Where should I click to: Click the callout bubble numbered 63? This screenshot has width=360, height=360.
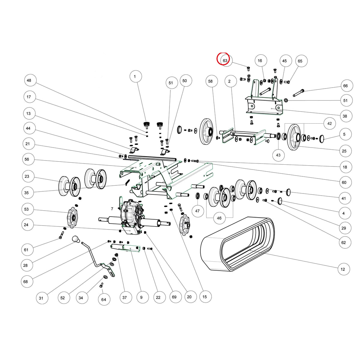point(226,61)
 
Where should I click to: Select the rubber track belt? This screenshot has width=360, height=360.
point(237,244)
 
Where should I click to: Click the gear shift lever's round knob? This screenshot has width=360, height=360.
point(76,239)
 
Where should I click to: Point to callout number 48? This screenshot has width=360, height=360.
point(30,80)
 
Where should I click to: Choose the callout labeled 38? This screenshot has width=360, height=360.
point(345,116)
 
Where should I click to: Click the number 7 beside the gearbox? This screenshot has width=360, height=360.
point(112,209)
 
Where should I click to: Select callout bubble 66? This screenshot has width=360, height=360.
point(346,86)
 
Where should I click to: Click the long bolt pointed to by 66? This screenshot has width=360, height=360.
point(298,93)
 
